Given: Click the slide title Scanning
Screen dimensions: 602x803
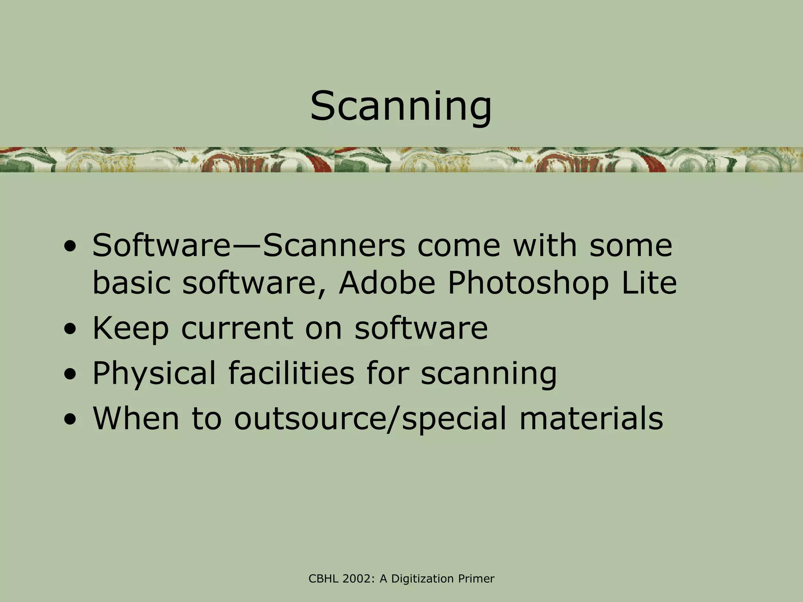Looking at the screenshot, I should pos(401,107).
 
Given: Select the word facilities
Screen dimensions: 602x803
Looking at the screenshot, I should pos(291,373).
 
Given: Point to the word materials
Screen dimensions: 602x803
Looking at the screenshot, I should pos(591,418).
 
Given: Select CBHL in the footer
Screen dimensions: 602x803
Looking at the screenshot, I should pos(323,578).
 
